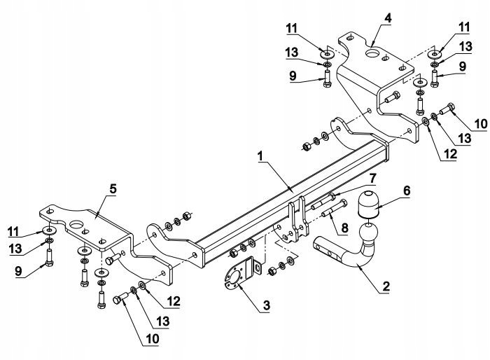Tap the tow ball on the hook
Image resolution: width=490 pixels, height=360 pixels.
coord(368,231)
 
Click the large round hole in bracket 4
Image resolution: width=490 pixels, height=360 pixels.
coord(372,54)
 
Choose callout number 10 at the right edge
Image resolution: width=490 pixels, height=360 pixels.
coord(479,124)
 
